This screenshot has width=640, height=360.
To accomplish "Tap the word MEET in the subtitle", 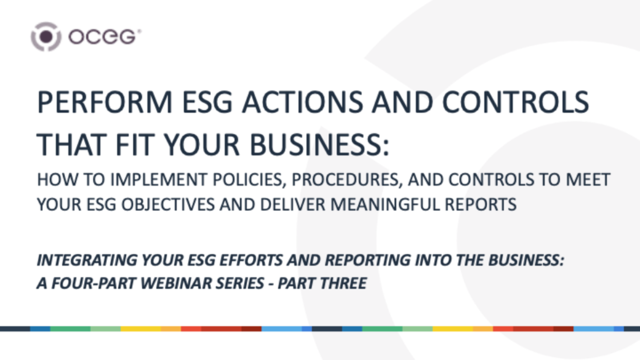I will tap(588, 181).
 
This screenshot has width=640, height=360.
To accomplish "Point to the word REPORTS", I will tap(483, 204).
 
